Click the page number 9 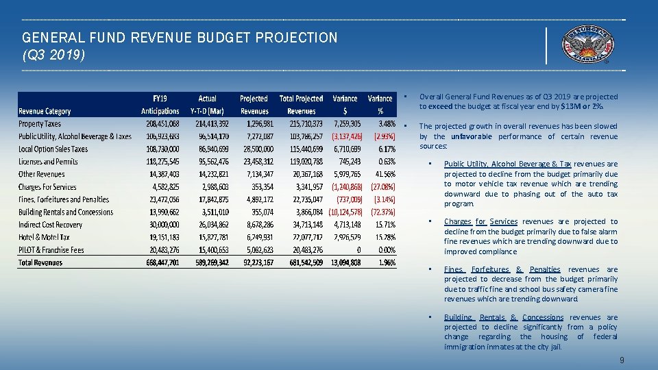tap(621, 360)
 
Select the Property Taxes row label tap(40, 124)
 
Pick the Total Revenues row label tap(40, 262)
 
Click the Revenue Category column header tap(45, 111)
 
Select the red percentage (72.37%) tap(381, 212)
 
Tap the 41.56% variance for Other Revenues tap(382, 175)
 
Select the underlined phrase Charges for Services tap(480, 221)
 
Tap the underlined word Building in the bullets tap(458, 317)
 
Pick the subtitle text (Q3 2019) tap(54, 53)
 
